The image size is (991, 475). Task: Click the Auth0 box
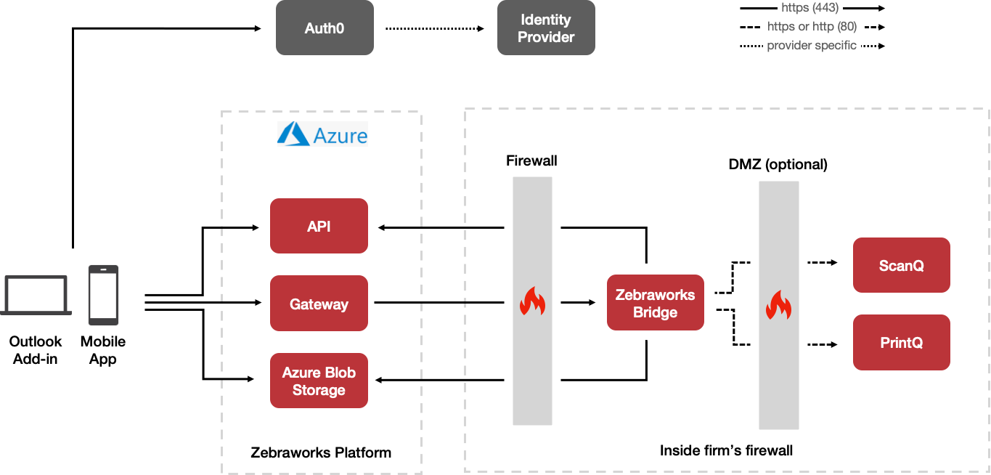325,28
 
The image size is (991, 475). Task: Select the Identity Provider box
546,28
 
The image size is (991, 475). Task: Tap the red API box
319,226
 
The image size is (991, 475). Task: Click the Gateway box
319,304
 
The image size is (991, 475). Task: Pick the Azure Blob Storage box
319,381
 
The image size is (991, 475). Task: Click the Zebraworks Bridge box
655,303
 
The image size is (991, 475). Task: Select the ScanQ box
901,265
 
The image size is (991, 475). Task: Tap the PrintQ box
901,342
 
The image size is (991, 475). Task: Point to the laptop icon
36,296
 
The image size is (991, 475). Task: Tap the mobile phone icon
103,295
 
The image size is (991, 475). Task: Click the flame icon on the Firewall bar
532,301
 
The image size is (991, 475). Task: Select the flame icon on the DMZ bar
778,305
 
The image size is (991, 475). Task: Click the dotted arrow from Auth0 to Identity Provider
434,28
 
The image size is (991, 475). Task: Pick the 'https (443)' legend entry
812,8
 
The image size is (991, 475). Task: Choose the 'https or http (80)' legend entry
812,27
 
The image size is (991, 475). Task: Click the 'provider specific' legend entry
812,46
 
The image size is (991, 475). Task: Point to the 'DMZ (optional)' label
778,164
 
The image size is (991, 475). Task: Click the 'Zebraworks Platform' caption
321,452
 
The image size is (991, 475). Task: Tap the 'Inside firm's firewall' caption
726,450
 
